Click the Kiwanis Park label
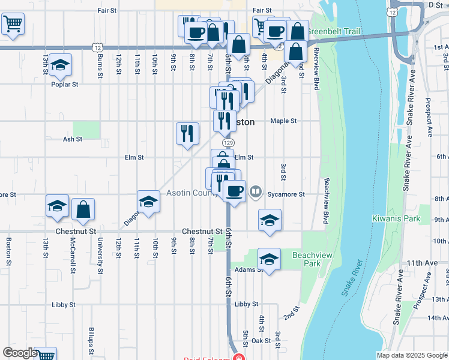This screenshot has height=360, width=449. point(396,218)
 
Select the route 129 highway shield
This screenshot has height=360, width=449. point(228,143)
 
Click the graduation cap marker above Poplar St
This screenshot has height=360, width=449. point(59,66)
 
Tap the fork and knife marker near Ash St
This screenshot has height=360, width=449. point(187,133)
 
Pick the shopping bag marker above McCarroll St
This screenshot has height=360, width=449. point(83,209)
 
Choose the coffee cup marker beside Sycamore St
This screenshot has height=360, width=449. point(234,191)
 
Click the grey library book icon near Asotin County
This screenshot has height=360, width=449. point(256,192)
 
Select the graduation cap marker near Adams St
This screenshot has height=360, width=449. point(270,259)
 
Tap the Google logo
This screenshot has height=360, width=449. point(20,353)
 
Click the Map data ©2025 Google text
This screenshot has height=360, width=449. point(411,355)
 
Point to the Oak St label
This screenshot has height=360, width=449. point(261,340)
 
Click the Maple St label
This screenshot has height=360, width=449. point(283,121)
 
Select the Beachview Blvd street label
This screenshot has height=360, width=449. point(327,201)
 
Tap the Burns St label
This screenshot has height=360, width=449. point(100,61)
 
